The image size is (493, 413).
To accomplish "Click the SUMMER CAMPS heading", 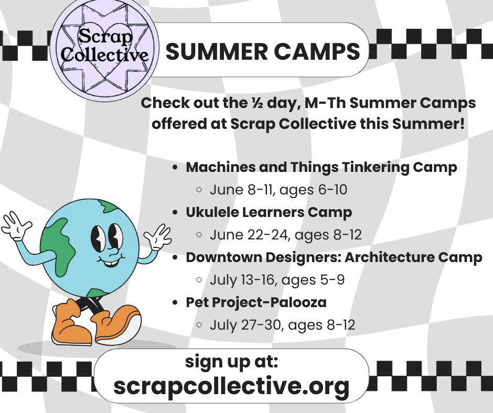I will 263,51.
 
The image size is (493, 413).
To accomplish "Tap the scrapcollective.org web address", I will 231,386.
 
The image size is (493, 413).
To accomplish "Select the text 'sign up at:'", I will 231,362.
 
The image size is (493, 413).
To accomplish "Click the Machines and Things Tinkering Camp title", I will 321,168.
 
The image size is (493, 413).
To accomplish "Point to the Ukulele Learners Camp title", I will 269,212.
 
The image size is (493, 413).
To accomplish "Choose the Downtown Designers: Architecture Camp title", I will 334,257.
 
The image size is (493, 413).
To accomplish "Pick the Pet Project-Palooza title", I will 256,302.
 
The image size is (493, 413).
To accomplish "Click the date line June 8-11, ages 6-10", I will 278,190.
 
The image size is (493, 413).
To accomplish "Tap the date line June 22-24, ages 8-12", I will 285,235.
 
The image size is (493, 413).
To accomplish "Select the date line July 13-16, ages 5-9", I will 277,280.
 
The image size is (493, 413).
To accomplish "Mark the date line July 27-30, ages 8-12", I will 282,325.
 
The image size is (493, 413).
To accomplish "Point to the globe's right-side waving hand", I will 158,237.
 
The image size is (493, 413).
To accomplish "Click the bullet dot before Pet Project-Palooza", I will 175,303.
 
